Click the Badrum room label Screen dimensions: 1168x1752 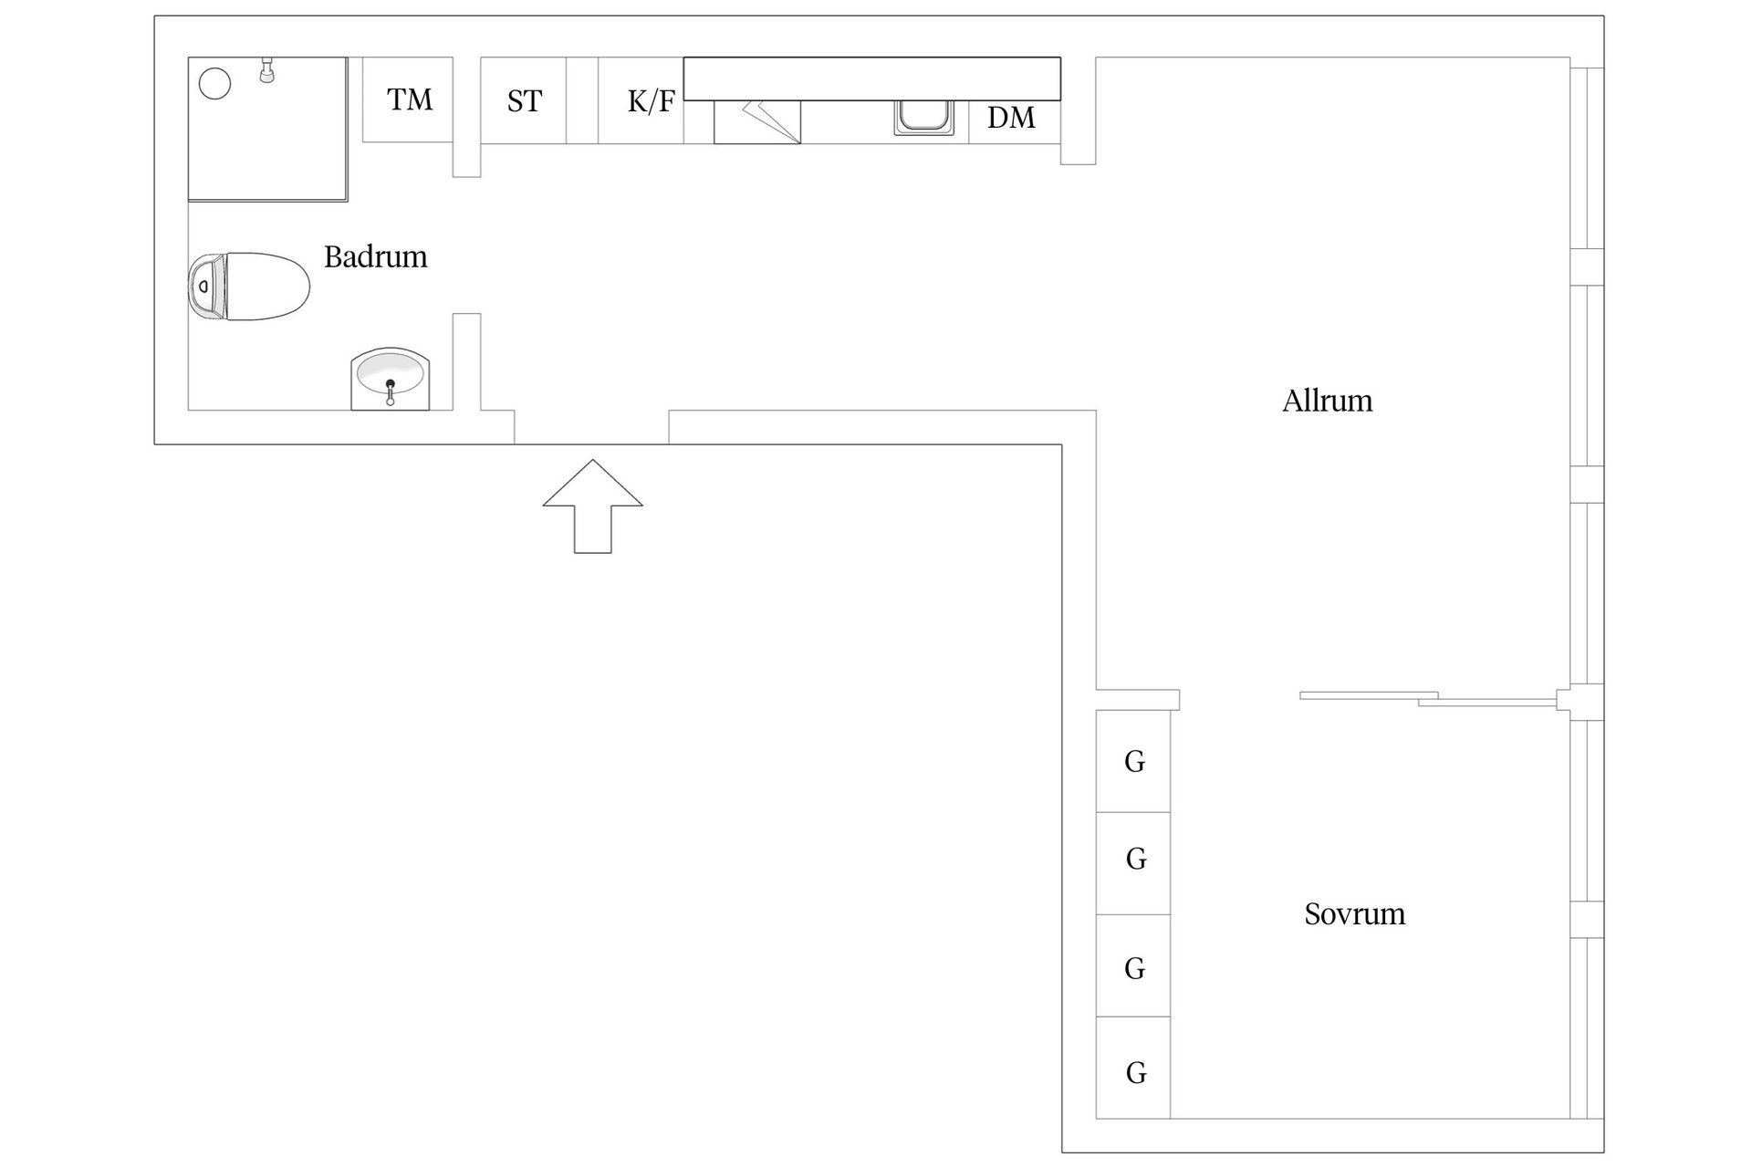tap(375, 256)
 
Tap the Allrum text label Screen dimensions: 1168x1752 tap(1327, 401)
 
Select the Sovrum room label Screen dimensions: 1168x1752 tap(1354, 913)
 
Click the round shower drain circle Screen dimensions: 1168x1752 tap(215, 83)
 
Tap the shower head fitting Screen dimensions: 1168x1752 tap(267, 70)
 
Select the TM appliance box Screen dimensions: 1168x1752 tap(409, 99)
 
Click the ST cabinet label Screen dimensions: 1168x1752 tap(524, 101)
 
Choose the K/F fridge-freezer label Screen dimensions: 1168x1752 tap(651, 101)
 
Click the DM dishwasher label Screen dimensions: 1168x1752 tap(1011, 118)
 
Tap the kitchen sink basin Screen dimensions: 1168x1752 tap(923, 118)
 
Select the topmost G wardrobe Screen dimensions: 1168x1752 tap(1133, 761)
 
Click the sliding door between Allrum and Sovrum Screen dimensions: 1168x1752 tap(1423, 698)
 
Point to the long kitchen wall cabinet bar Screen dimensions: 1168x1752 tap(871, 78)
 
